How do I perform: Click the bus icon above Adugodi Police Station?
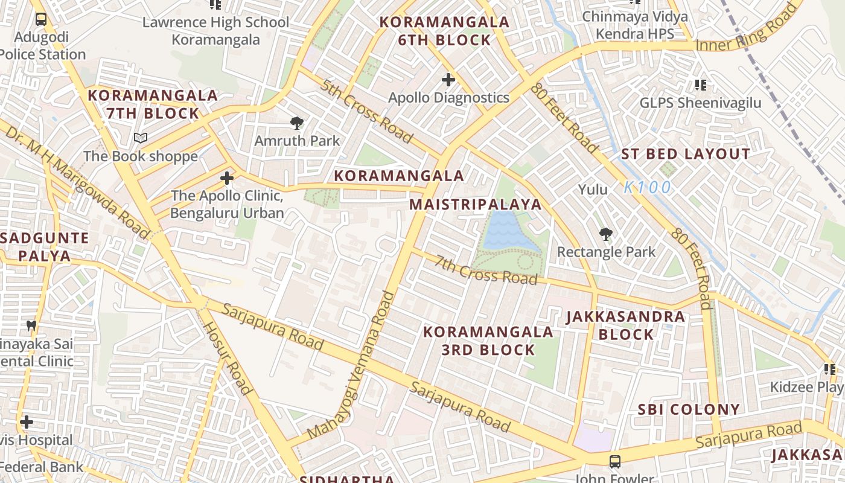click(40, 19)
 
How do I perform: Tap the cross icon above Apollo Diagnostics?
click(448, 79)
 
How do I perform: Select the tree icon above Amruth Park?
click(296, 123)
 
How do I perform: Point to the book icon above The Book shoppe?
click(141, 138)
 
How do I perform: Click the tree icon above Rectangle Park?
click(605, 234)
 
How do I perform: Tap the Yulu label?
click(593, 190)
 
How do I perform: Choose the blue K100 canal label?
click(647, 188)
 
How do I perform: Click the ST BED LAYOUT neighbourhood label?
click(686, 154)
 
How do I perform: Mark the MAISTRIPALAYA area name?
click(476, 204)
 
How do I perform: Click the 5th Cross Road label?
click(366, 112)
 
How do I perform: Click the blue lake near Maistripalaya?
click(507, 232)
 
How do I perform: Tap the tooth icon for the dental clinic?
click(32, 325)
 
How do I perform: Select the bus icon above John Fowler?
click(614, 462)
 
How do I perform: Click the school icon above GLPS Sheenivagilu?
click(700, 85)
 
